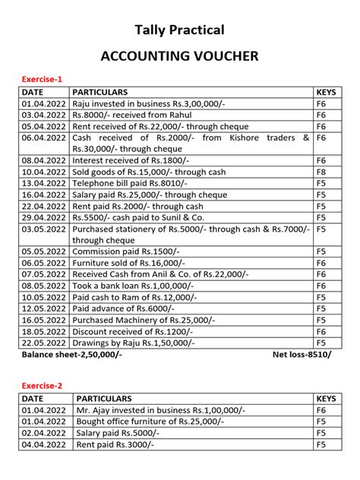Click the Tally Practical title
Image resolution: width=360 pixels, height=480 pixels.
coord(179,30)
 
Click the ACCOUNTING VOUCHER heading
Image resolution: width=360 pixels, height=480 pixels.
coord(179,56)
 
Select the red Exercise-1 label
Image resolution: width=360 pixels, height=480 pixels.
coord(42,79)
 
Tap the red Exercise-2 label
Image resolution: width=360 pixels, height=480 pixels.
coord(42,385)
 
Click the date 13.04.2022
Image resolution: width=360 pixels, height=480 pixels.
coord(46,183)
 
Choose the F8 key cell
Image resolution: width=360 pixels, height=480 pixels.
coord(321,172)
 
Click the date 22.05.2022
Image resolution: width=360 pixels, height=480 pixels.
coord(46,343)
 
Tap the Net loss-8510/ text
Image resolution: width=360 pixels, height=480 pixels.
coord(302,355)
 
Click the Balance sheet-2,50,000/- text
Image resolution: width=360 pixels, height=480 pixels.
coord(72,355)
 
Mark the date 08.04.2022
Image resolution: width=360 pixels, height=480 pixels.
coord(46,161)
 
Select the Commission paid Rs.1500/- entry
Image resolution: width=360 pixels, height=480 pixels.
coord(125,251)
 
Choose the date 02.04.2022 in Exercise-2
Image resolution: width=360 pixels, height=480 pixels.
coord(46,432)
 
